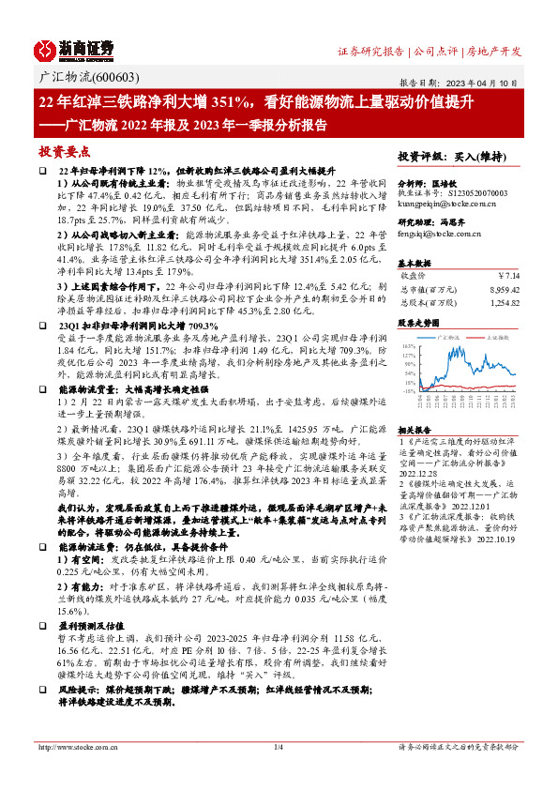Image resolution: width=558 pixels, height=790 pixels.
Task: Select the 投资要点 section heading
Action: tap(65, 150)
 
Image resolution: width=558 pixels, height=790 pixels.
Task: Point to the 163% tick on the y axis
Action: tap(408, 346)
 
